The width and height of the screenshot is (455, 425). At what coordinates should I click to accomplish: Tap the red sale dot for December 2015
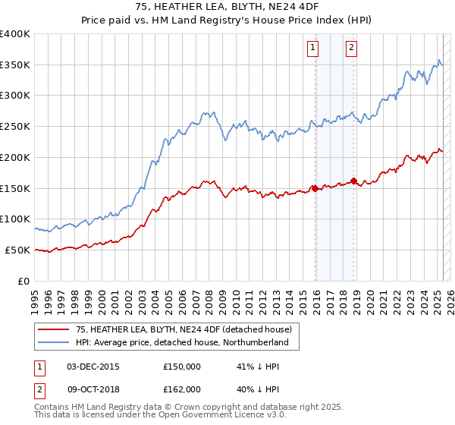[315, 189]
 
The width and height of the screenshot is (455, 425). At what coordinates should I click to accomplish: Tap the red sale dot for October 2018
[354, 181]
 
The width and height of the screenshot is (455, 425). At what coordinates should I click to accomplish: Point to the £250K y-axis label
[15, 126]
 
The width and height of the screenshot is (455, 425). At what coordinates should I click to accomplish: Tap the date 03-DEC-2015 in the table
[93, 366]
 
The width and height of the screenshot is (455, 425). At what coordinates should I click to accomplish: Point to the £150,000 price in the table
[182, 366]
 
